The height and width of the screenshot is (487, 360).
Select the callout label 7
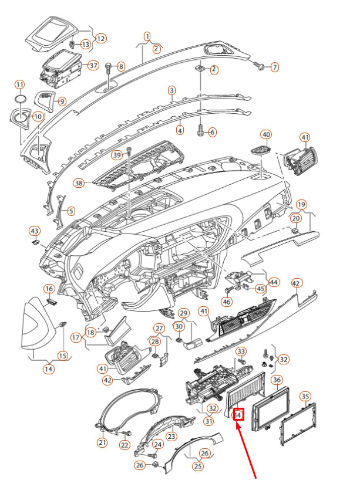click(274, 67)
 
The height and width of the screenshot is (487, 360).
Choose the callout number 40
click(266, 135)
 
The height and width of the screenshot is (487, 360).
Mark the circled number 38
click(79, 183)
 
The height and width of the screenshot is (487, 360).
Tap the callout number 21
click(102, 442)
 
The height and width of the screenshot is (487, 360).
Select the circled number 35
click(305, 396)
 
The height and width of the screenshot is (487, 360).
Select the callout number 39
click(117, 155)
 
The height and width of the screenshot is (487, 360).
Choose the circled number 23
click(171, 437)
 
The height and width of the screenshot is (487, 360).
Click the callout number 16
click(49, 289)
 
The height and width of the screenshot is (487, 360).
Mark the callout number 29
click(183, 313)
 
